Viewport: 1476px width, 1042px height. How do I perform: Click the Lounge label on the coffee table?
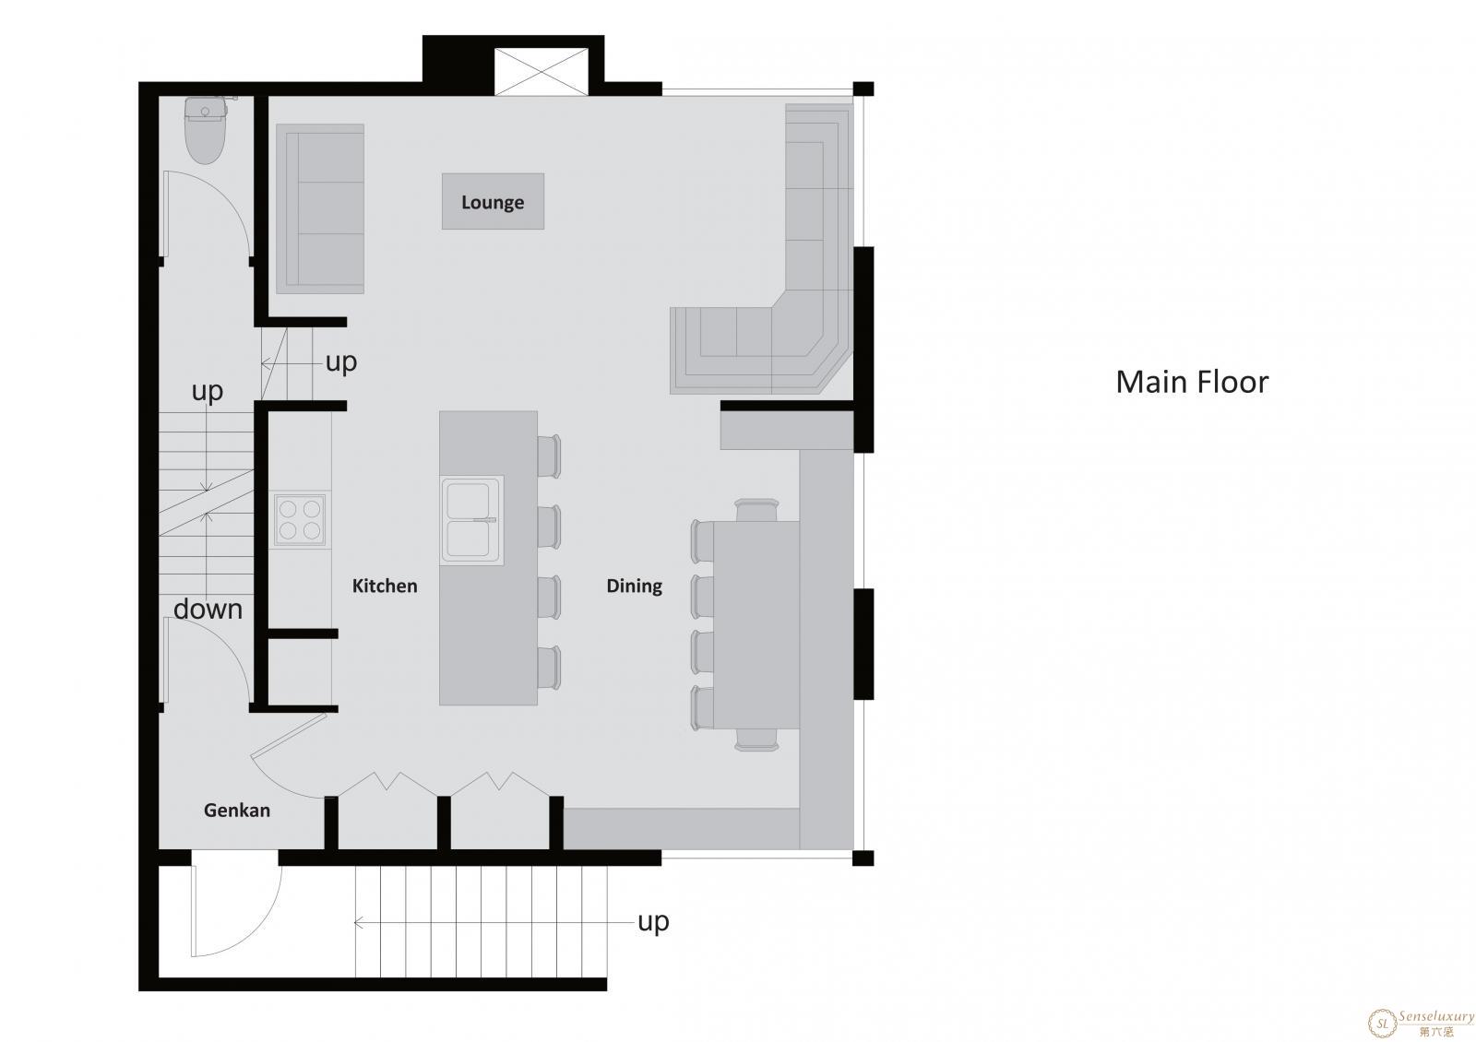point(493,202)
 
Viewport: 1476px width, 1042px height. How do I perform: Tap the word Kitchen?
point(385,586)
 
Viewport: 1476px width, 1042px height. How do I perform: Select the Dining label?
point(635,586)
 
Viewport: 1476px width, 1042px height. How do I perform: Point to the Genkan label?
point(236,811)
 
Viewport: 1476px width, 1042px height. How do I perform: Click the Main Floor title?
point(1192,382)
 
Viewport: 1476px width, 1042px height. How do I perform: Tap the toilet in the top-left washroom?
point(207,130)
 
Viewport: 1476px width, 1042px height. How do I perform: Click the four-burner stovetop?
point(300,519)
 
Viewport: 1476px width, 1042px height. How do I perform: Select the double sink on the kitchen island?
point(471,520)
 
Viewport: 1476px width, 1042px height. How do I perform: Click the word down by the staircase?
point(208,610)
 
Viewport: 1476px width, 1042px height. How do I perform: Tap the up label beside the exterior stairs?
point(653,922)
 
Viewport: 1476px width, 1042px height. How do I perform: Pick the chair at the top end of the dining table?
point(756,511)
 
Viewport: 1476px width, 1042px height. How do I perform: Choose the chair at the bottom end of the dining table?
point(756,739)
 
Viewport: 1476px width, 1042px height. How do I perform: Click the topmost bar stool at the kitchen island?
point(549,456)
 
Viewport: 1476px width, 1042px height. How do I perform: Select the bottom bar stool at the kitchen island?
point(549,669)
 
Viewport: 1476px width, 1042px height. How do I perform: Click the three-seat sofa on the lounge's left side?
point(321,208)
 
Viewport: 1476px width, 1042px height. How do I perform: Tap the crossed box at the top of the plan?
point(541,71)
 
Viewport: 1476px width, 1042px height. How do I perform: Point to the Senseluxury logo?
point(1420,1023)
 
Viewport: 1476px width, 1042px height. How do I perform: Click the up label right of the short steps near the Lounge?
point(341,362)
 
